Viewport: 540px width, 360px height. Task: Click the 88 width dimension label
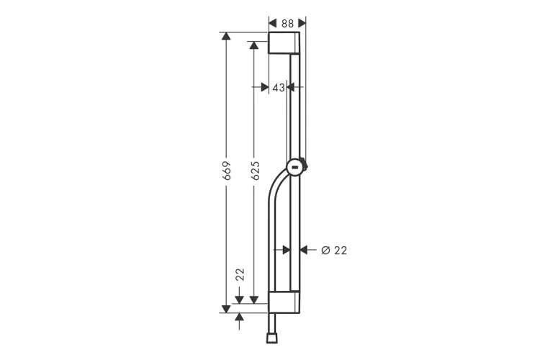tap(287, 24)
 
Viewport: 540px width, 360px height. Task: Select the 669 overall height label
tap(226, 171)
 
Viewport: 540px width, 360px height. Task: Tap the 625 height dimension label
tap(255, 171)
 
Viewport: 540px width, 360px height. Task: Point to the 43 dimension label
tap(279, 88)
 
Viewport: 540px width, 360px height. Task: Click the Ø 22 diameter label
tap(334, 251)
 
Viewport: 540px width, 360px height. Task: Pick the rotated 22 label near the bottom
tap(240, 274)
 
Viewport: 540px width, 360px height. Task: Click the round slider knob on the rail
tap(296, 167)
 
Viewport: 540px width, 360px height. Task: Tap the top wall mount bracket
tap(284, 42)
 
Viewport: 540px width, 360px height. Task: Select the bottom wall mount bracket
tap(284, 302)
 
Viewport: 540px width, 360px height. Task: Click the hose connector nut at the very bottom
tap(271, 338)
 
